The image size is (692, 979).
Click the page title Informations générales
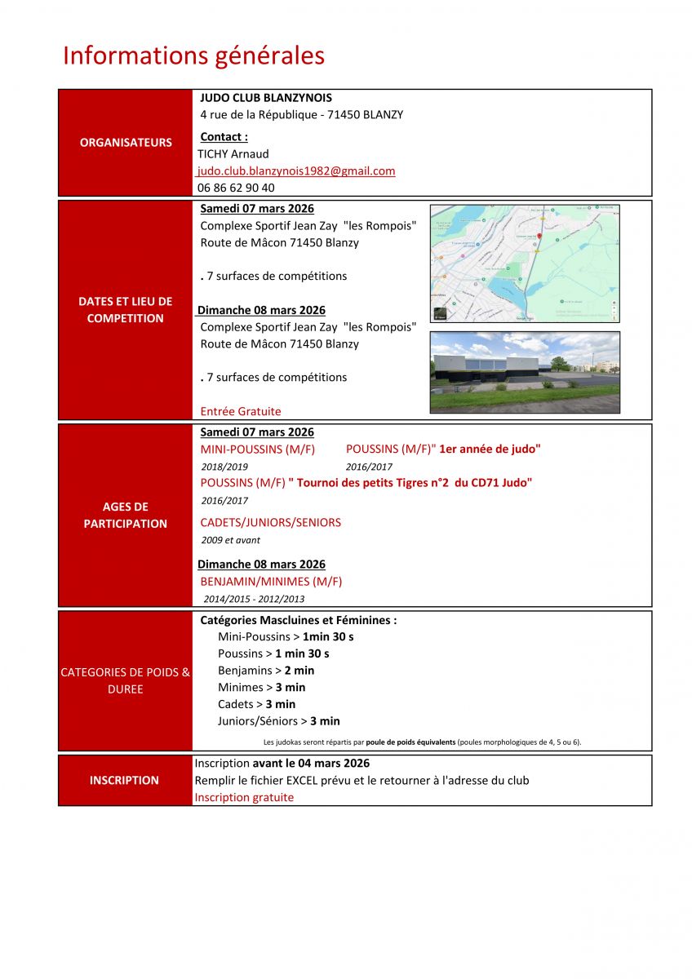click(193, 55)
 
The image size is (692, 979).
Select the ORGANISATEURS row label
click(126, 142)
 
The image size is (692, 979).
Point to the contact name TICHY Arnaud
click(234, 153)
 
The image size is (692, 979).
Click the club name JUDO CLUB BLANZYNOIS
click(266, 97)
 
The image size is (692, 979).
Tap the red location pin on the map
click(539, 235)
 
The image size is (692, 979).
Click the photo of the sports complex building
click(525, 372)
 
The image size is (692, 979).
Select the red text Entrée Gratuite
click(241, 411)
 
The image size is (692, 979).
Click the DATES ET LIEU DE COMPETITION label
click(126, 310)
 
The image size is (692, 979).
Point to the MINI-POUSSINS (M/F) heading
click(258, 449)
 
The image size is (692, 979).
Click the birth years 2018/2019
click(224, 467)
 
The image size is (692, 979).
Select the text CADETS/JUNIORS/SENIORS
click(271, 522)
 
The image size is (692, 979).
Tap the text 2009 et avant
click(230, 540)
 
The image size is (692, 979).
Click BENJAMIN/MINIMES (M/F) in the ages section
click(271, 581)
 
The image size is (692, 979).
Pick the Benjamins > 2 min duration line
click(266, 670)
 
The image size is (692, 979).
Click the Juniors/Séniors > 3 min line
click(279, 720)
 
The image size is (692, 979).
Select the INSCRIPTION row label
click(124, 780)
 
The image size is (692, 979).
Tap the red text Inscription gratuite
click(244, 797)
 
